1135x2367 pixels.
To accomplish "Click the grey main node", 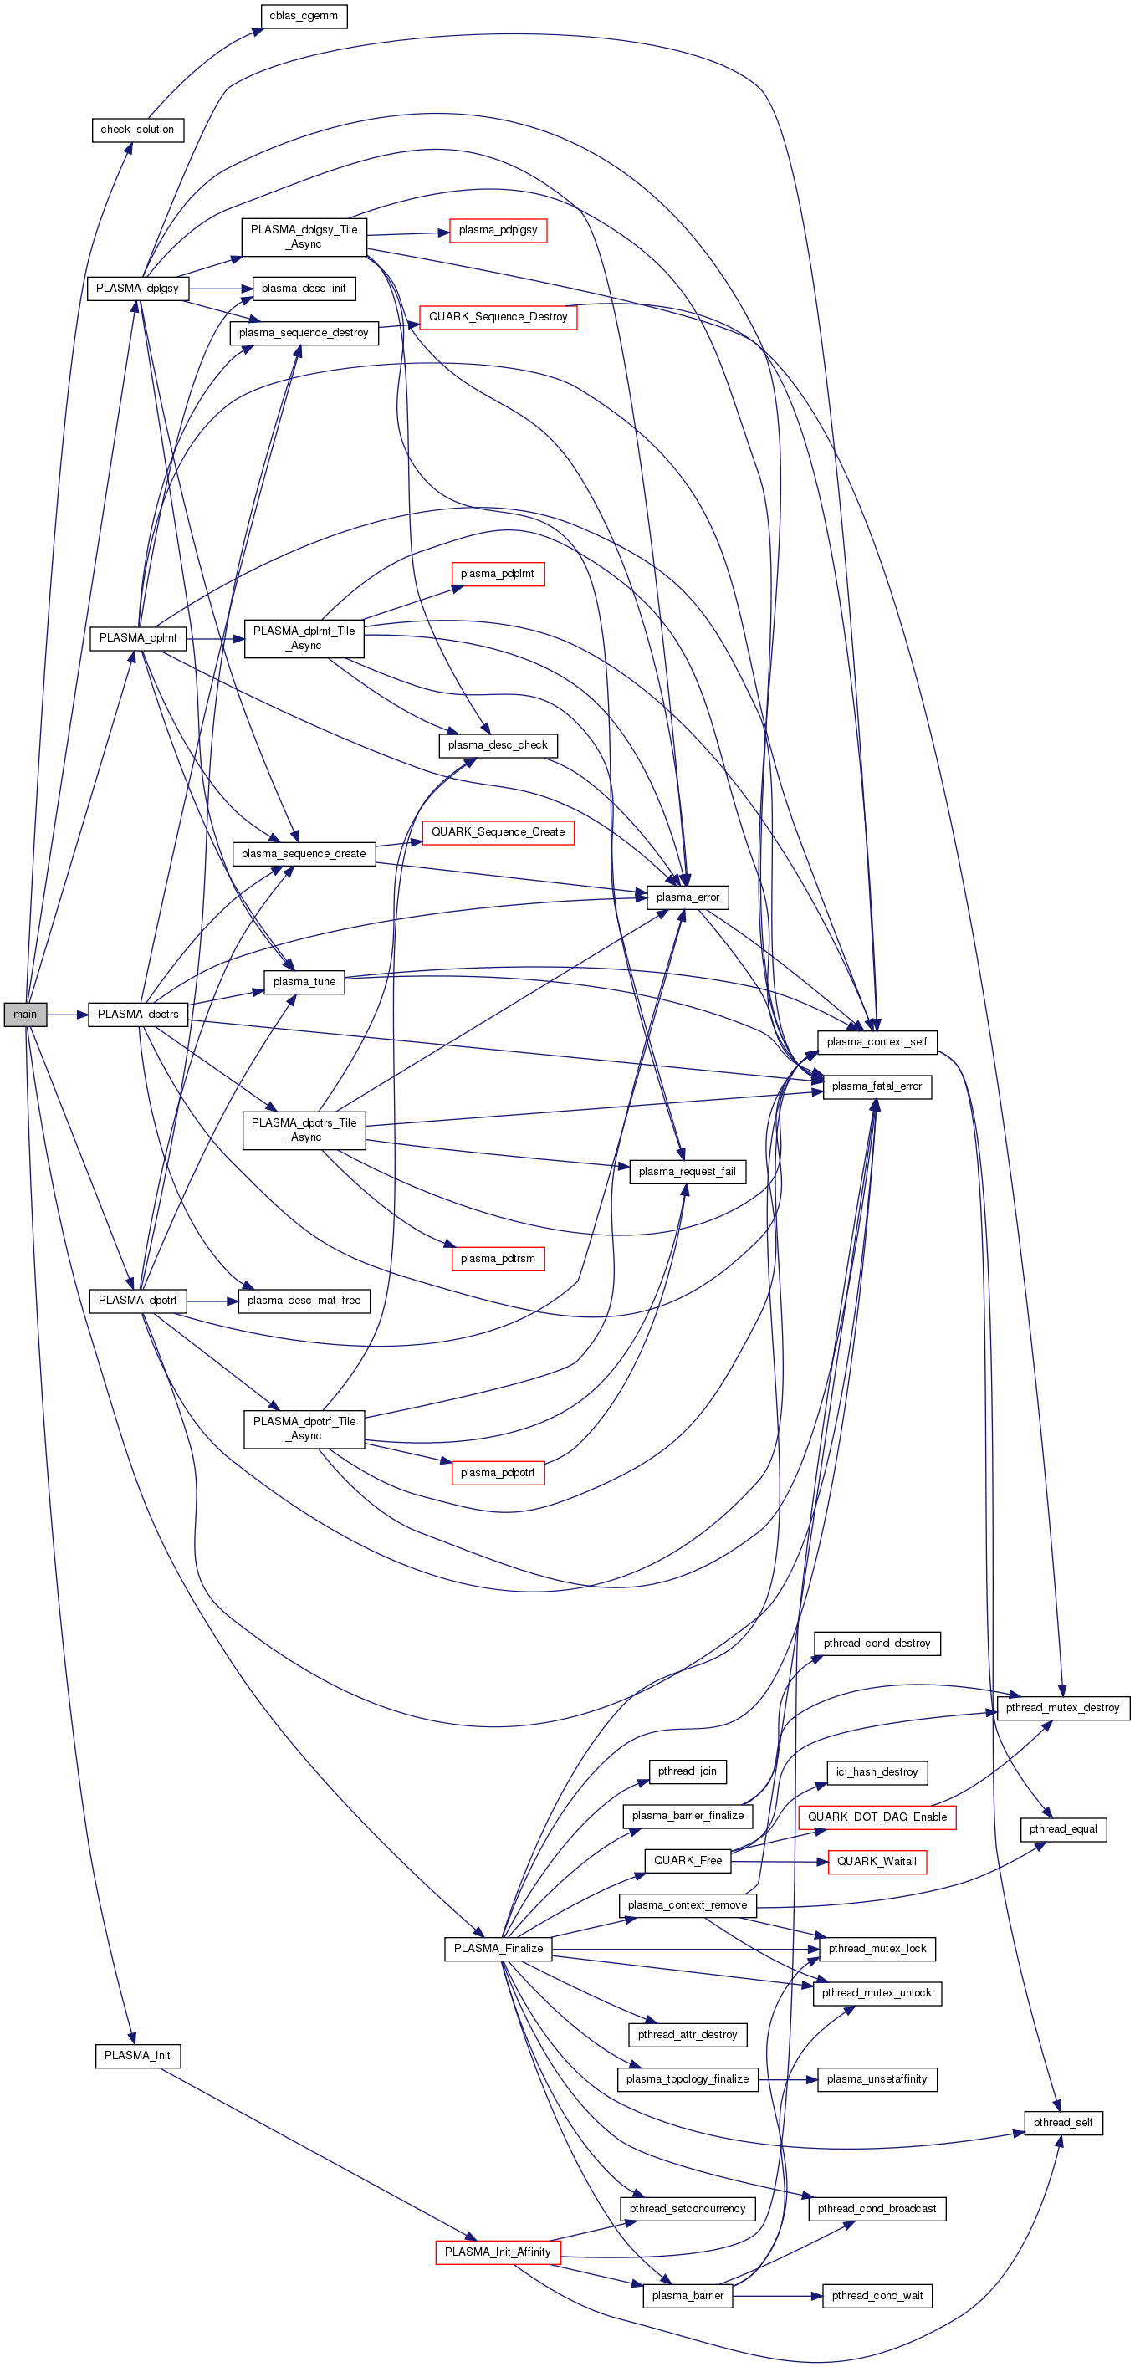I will click(25, 1015).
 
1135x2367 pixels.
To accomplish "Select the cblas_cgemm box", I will click(304, 16).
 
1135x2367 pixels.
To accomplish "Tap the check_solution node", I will click(137, 130).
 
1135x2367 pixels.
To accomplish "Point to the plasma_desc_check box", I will click(497, 745).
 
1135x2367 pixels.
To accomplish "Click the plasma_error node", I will click(688, 897).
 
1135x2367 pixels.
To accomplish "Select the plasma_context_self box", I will click(877, 1042).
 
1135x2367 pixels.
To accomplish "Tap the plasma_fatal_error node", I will click(877, 1086).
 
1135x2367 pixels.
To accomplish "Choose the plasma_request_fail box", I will click(688, 1172).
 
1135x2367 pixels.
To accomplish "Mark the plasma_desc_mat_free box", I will click(304, 1301).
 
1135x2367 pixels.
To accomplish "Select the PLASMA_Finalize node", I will click(498, 1948).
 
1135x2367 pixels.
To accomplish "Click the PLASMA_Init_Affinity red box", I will click(497, 2252).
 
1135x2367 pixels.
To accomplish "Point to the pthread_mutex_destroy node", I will click(1062, 1708).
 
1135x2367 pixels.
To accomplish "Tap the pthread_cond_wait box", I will click(877, 2295).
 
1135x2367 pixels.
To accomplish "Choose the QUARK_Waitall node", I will click(877, 1862).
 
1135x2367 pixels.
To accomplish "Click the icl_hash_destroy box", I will click(877, 1772).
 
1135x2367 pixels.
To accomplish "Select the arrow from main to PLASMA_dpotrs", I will click(66, 1015).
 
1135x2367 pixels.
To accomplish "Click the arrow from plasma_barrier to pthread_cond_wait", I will click(776, 2295).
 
